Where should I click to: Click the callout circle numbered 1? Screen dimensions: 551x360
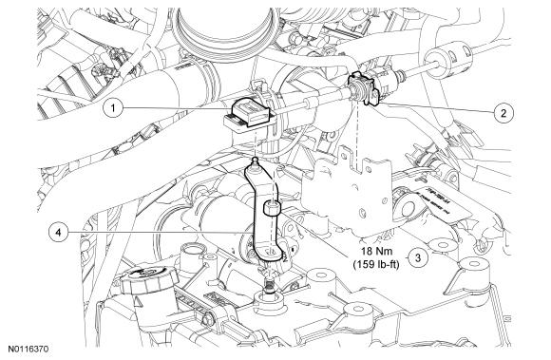[x=113, y=108]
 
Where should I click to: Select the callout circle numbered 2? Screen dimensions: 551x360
[x=503, y=113]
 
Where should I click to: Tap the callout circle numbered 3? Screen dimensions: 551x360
[x=417, y=257]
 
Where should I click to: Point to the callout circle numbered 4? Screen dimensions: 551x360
[x=58, y=232]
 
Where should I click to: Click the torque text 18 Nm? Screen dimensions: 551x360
[x=375, y=252]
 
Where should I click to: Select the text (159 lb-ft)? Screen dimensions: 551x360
[x=376, y=264]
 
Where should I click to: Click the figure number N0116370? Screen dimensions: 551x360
[x=28, y=349]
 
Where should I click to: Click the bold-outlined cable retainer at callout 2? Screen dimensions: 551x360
[x=363, y=88]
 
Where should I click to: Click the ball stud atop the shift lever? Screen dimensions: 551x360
[x=255, y=161]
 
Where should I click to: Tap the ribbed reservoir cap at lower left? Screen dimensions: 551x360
[x=148, y=280]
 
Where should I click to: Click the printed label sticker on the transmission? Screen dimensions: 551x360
[x=440, y=206]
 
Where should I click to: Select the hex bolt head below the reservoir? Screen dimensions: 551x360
[x=208, y=319]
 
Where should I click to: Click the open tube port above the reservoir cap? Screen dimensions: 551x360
[x=193, y=252]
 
